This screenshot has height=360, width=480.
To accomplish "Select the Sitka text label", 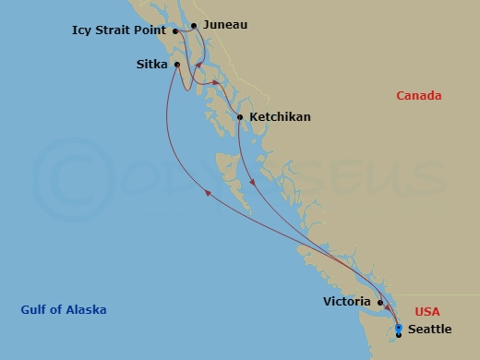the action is point(151,65).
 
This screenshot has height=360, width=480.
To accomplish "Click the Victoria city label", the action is point(347,302).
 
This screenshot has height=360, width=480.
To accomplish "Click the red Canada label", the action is point(418,95).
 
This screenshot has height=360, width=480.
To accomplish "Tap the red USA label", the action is point(427,312).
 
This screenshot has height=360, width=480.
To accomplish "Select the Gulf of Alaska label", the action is point(63,309).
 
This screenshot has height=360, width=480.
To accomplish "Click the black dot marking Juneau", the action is point(194,26).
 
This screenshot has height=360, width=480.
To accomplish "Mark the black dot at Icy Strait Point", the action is point(174,30).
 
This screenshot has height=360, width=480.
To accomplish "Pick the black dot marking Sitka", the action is point(175,65).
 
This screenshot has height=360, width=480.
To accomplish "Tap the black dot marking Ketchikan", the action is point(240,117).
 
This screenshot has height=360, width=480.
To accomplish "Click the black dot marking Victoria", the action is point(379,302).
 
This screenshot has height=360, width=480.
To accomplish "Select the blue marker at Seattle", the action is point(398,329).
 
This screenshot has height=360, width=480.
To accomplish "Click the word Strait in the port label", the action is point(116,30).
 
